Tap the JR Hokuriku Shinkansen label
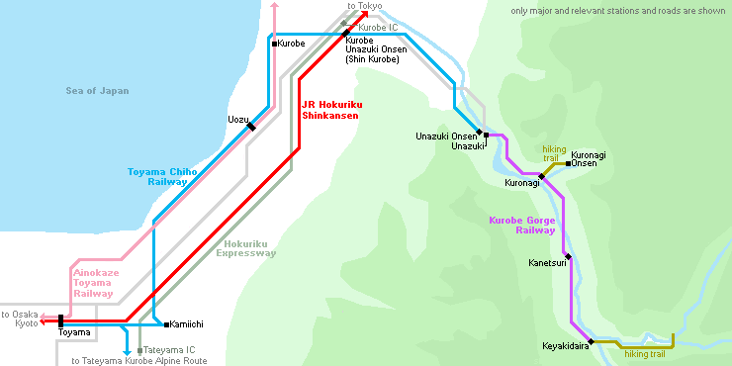click(x=329, y=108)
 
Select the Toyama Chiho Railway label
click(x=162, y=176)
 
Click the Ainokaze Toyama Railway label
click(x=93, y=282)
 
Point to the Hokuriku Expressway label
click(x=247, y=248)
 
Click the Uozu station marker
click(x=251, y=126)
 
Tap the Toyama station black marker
click(x=61, y=321)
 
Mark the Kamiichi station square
click(x=165, y=323)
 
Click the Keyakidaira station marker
click(x=595, y=344)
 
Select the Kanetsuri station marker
click(x=569, y=255)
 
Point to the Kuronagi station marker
click(x=541, y=177)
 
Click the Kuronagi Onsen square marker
click(x=568, y=162)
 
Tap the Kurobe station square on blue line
click(x=273, y=44)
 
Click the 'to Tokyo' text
click(x=365, y=6)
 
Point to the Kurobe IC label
click(x=376, y=27)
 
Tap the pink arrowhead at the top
click(x=275, y=7)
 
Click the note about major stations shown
click(x=618, y=11)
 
